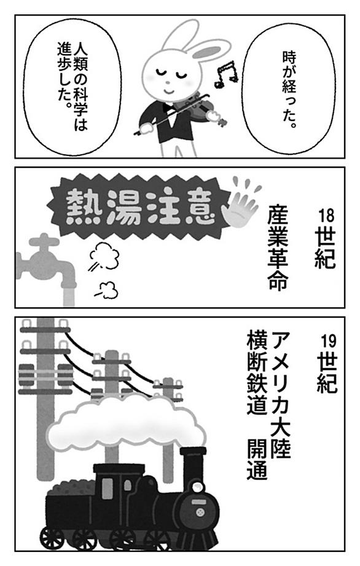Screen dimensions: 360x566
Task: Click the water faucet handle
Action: click(x=44, y=241)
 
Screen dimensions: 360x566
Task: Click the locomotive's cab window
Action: click(x=107, y=489)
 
